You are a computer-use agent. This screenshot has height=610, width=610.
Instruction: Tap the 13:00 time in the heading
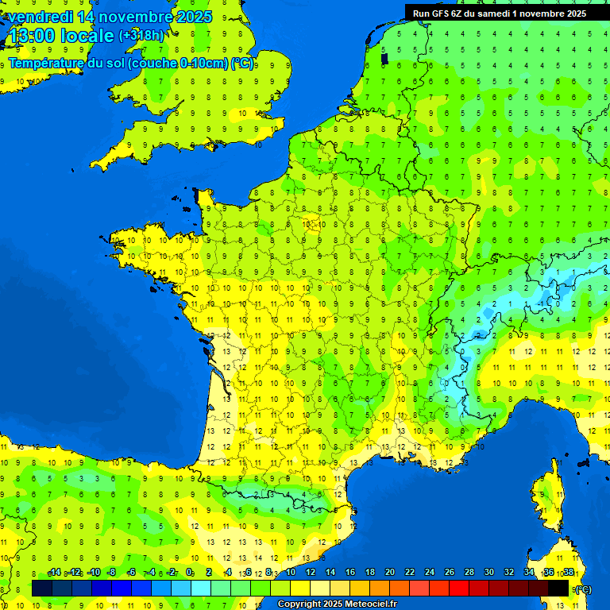pos(31,37)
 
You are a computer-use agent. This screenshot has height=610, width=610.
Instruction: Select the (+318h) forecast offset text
pos(141,36)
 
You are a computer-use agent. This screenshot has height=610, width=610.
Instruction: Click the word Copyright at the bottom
pos(299,604)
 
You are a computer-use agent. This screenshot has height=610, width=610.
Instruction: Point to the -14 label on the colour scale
pos(54,573)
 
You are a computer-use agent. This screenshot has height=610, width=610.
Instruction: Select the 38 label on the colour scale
pos(569,573)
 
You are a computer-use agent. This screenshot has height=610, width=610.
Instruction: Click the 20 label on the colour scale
pos(390,573)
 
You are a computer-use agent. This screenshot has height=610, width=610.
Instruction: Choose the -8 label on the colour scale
pos(112,573)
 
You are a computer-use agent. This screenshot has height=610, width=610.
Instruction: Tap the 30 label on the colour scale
pos(489,573)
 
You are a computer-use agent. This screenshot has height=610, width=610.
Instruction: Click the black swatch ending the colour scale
pos(559,588)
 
